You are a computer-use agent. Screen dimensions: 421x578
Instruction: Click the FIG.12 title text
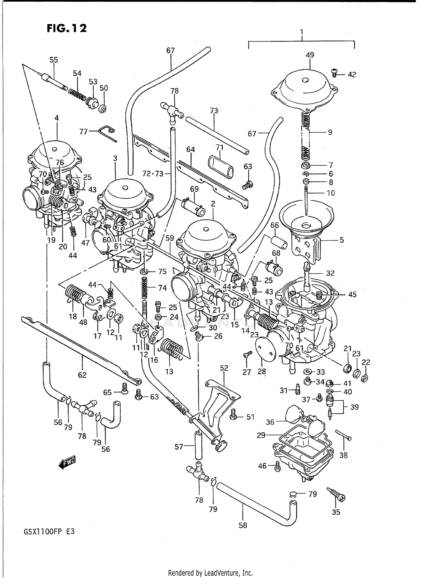tap(67, 28)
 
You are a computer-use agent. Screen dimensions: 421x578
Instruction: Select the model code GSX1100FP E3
tap(47, 531)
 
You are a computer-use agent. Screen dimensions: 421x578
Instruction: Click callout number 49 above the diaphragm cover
tap(310, 55)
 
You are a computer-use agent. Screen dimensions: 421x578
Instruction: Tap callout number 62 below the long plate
tap(82, 375)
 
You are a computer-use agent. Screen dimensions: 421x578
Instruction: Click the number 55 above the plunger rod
tap(54, 60)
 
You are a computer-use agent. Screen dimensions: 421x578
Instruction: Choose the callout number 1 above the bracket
tap(301, 32)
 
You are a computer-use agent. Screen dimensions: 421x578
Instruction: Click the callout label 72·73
tap(152, 174)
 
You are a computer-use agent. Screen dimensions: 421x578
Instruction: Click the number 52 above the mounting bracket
tap(224, 368)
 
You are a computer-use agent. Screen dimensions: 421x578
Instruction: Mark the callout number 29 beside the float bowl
tap(261, 435)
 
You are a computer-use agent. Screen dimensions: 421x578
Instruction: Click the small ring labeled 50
tap(103, 108)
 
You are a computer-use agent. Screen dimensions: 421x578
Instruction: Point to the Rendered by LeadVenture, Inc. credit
tap(210, 573)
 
